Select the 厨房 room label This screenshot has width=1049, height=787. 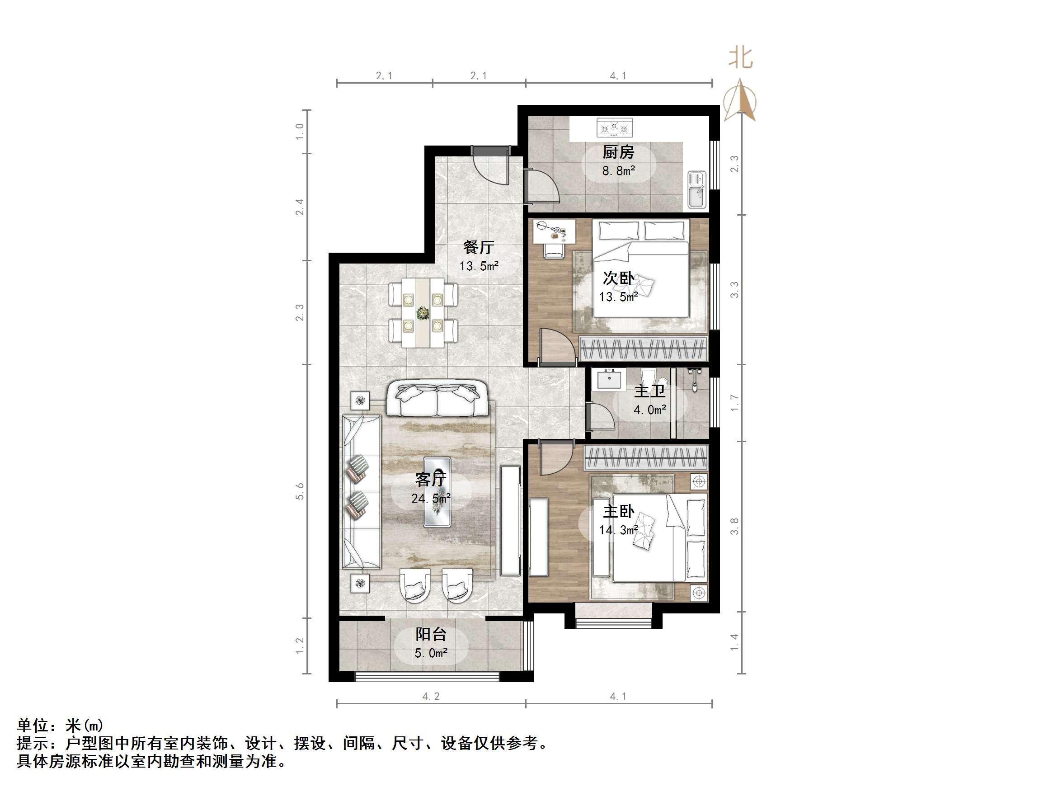618,153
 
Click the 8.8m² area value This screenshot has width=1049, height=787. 618,171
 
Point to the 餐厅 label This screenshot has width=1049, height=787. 479,247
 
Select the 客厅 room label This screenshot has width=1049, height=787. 431,480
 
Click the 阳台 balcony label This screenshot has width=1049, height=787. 431,634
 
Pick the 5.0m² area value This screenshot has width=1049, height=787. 431,653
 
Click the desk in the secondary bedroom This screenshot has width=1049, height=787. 554,231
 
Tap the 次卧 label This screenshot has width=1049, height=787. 618,278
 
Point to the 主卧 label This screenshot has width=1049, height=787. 618,511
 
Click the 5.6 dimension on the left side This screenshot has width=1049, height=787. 299,491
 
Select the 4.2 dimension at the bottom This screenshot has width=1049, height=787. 431,697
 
